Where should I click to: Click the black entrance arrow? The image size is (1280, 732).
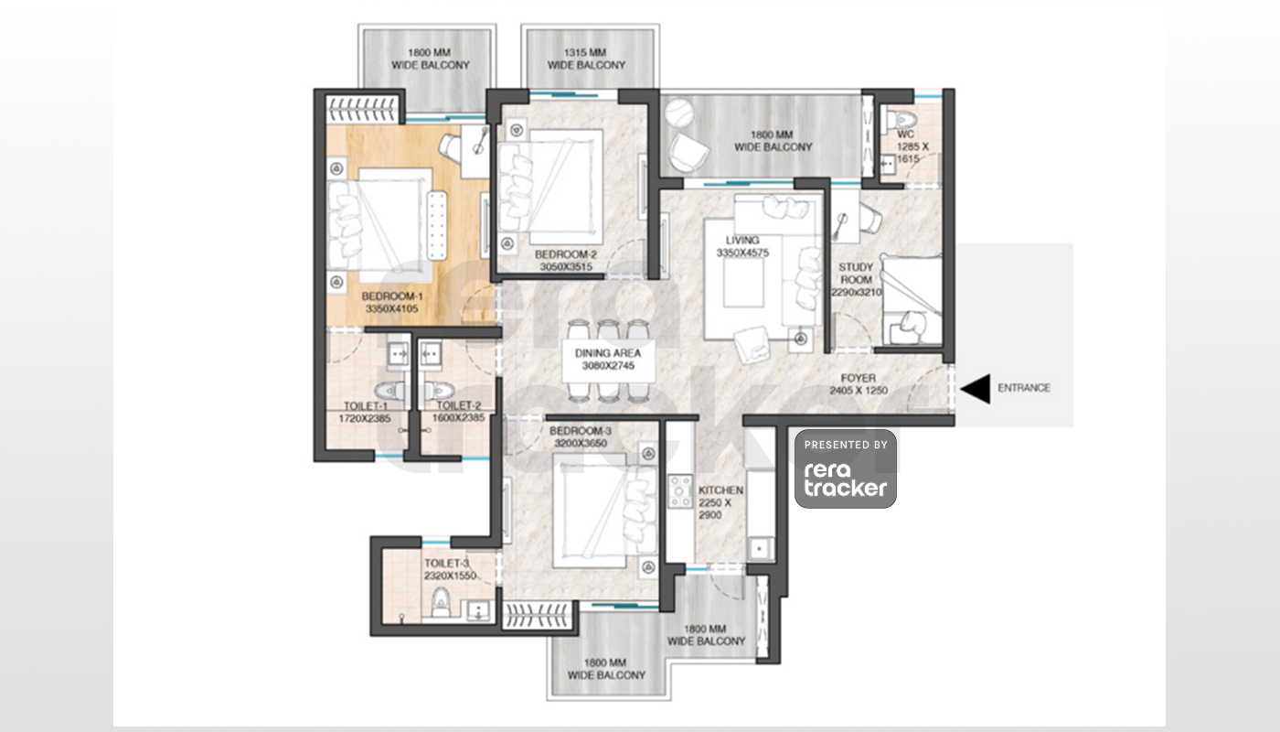pyautogui.click(x=976, y=389)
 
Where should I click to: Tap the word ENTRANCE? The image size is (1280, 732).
pyautogui.click(x=1024, y=388)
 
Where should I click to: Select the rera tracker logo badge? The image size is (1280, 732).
pyautogui.click(x=845, y=468)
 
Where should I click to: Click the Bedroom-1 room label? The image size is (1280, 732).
pyautogui.click(x=392, y=296)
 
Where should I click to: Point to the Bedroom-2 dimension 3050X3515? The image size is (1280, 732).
pyautogui.click(x=566, y=267)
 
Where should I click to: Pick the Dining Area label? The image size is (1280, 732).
pyautogui.click(x=607, y=353)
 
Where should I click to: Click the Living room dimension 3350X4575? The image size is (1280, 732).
pyautogui.click(x=742, y=253)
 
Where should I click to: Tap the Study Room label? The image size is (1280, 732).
pyautogui.click(x=856, y=274)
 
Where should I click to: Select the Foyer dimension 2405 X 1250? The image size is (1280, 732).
pyautogui.click(x=859, y=391)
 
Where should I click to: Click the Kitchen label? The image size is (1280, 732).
pyautogui.click(x=720, y=490)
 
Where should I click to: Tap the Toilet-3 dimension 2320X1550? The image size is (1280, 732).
pyautogui.click(x=450, y=576)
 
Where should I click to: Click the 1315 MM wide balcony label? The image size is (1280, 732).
pyautogui.click(x=586, y=59)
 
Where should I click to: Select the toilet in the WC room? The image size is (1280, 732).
pyautogui.click(x=901, y=120)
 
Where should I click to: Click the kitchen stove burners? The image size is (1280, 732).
pyautogui.click(x=680, y=491)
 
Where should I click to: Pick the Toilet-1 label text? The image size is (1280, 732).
pyautogui.click(x=365, y=405)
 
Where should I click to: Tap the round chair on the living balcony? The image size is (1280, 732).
pyautogui.click(x=677, y=113)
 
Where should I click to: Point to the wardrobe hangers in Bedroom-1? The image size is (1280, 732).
pyautogui.click(x=361, y=109)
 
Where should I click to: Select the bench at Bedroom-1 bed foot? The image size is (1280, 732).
pyautogui.click(x=437, y=225)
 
